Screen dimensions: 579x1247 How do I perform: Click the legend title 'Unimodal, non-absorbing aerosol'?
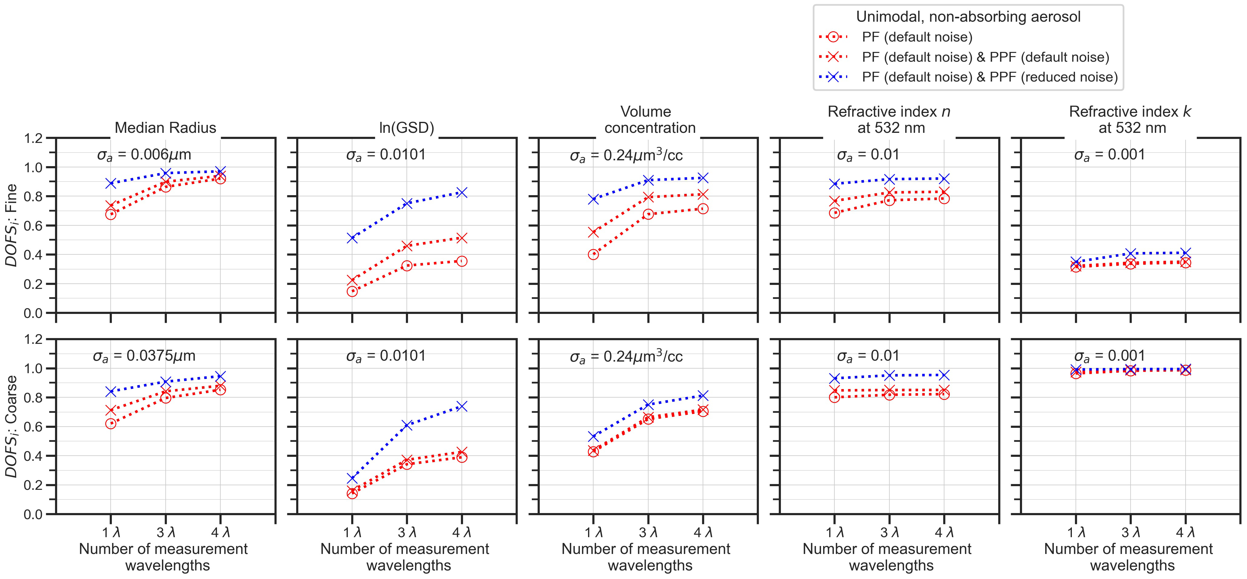pos(968,17)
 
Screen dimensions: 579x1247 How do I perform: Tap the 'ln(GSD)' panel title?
pos(406,128)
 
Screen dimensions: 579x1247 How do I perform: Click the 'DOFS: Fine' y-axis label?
pos(12,225)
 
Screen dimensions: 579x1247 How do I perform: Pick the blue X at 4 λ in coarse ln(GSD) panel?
pos(462,406)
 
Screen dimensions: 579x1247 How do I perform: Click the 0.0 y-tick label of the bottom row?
pos(33,515)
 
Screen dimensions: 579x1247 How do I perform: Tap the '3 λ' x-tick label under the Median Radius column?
pos(166,533)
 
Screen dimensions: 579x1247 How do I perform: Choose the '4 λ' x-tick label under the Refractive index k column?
pos(1186,533)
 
